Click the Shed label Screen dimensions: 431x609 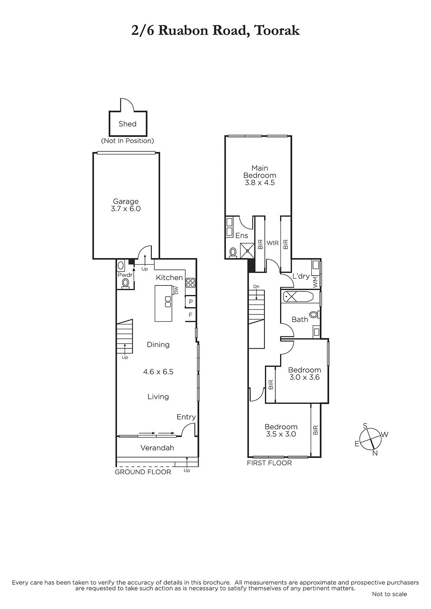[127, 124]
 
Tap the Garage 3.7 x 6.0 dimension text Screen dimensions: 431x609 [126, 209]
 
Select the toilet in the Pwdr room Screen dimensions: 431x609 [125, 283]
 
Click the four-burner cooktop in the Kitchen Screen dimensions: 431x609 [190, 283]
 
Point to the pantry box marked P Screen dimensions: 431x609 [191, 301]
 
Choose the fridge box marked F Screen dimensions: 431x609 [191, 315]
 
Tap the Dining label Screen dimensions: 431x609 [158, 344]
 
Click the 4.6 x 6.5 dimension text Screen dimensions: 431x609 [158, 371]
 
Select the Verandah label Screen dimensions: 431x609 [157, 448]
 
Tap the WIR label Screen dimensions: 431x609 [272, 243]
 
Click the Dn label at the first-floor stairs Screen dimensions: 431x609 [256, 286]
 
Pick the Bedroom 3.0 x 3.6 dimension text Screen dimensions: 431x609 [304, 377]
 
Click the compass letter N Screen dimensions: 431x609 [375, 453]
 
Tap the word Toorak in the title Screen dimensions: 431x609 [277, 31]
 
